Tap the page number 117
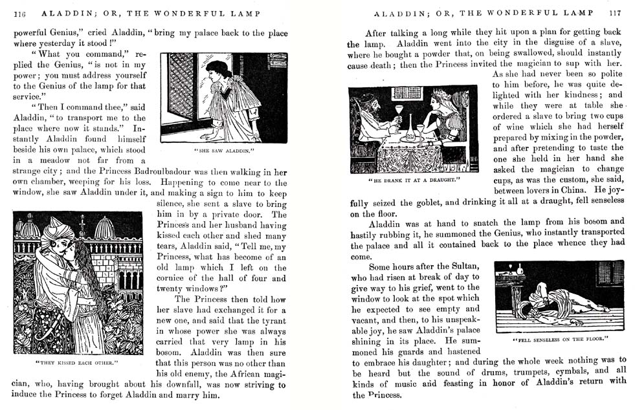(x=615, y=13)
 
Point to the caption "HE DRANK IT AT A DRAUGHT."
(x=413, y=179)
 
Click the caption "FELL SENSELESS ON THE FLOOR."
(x=561, y=339)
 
